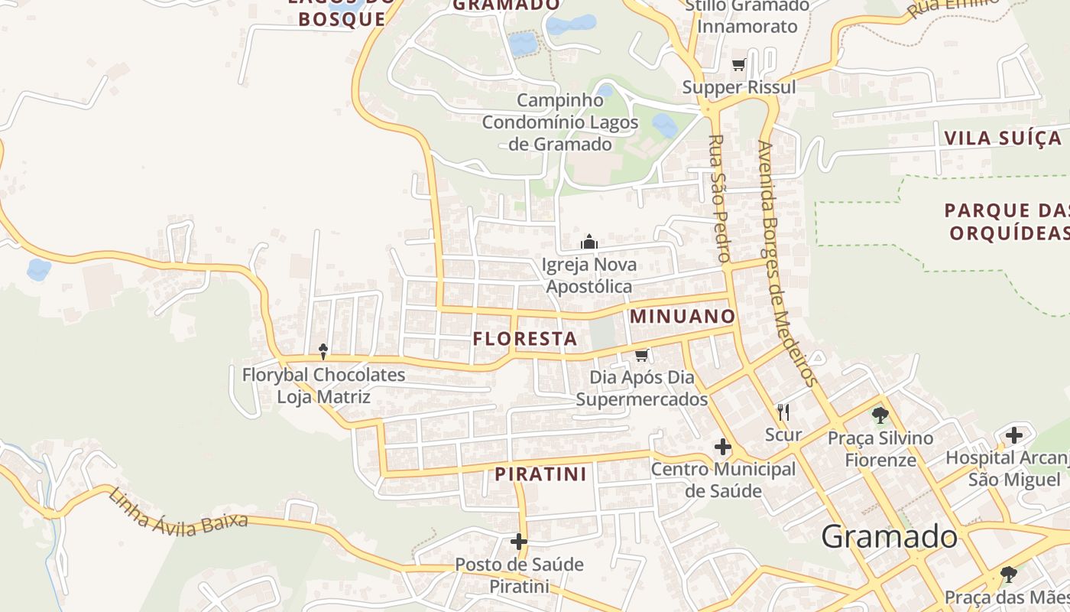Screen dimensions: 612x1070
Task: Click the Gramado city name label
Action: [889, 536]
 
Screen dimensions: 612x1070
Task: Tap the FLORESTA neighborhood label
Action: [525, 338]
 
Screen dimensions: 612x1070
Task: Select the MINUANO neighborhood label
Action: [683, 316]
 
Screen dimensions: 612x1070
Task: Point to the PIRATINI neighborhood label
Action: [541, 474]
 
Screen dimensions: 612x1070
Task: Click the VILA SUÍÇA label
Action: [1003, 138]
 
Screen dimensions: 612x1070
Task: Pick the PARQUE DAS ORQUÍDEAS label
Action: [1007, 221]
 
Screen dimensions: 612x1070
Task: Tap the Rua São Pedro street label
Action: [719, 198]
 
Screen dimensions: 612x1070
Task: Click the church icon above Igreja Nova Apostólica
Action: [588, 243]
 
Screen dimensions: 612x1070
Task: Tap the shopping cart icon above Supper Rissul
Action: [738, 65]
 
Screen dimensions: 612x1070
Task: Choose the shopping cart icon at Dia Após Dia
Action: [641, 355]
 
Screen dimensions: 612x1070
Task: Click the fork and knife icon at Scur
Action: [783, 412]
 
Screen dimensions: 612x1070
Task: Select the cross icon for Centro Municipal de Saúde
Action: [722, 447]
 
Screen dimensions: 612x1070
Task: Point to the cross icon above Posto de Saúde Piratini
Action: [519, 542]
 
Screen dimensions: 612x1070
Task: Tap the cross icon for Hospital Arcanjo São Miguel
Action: [1013, 435]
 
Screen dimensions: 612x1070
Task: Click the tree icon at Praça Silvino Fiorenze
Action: [880, 415]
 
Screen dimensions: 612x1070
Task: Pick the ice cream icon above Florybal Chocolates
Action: [323, 351]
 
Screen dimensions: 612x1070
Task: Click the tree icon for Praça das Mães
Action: [1009, 574]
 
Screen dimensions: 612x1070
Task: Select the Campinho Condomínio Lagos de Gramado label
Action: [561, 122]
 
